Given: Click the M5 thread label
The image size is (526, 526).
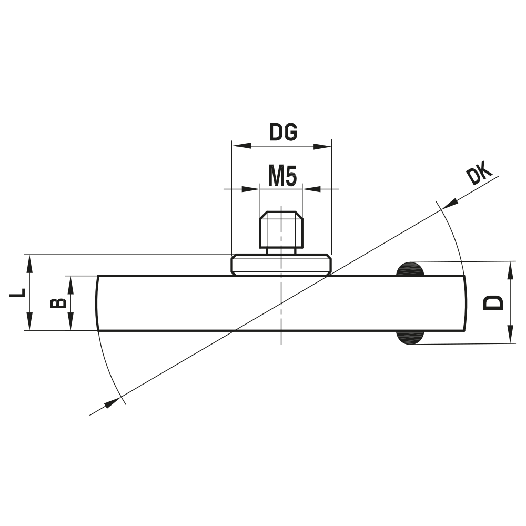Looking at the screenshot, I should point(282,176).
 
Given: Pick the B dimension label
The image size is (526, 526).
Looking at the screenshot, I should point(58,302).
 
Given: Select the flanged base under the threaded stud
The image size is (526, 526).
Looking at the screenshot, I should point(281,265).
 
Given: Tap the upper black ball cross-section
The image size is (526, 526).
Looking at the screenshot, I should point(410,269).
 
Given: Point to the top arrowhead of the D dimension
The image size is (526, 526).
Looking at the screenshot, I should point(510,269).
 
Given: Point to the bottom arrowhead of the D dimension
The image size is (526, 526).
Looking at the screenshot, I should point(510,336).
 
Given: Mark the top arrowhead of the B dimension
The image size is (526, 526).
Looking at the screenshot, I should point(70,283).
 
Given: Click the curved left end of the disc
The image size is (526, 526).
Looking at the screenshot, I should point(97,303).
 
